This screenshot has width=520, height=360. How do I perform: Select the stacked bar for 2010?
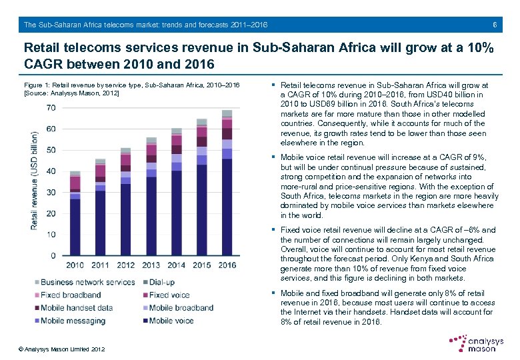(x=75, y=213)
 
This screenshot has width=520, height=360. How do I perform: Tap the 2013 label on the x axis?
(x=151, y=265)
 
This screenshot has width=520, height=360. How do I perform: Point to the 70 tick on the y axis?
(x=51, y=108)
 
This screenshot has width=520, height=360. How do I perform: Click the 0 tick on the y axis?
(x=53, y=256)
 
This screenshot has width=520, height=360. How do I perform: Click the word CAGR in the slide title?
(x=45, y=65)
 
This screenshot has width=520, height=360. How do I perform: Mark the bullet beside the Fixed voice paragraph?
(x=275, y=230)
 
